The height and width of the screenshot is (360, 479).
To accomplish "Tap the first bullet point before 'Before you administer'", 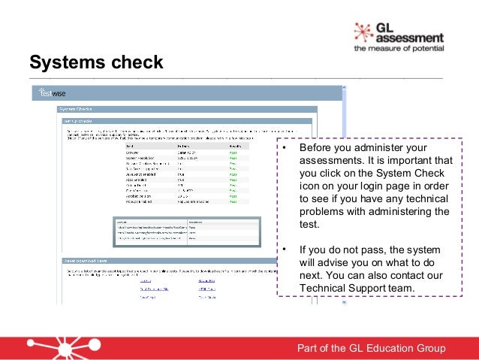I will [x=285, y=149].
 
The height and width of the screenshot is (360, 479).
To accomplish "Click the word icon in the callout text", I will [x=310, y=186].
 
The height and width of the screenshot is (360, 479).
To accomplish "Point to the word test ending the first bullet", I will [x=309, y=225].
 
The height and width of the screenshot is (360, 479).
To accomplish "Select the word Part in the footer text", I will [x=310, y=348].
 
